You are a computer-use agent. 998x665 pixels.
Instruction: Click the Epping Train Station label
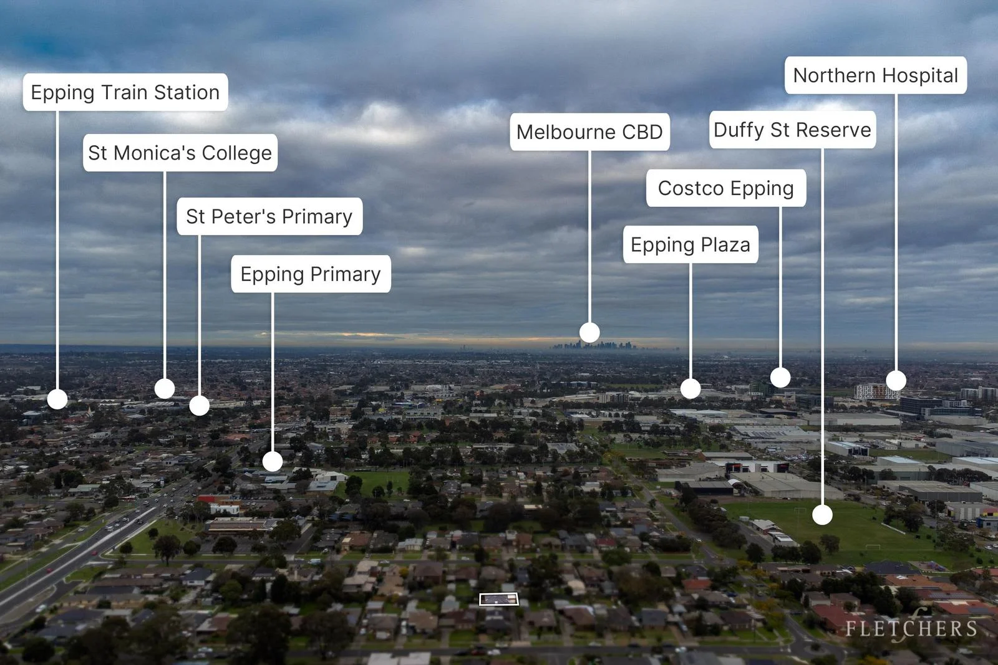125,92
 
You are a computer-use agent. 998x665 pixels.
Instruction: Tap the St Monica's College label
180,153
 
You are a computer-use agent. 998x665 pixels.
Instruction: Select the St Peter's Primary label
269,216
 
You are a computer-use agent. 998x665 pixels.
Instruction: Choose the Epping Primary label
311,274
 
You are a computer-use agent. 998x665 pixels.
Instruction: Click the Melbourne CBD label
590,132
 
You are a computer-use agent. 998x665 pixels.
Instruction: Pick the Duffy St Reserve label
793,130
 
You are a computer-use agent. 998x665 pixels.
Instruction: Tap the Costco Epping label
726,188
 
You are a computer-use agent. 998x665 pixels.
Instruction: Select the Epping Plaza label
690,244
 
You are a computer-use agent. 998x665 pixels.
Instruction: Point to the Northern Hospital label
876,75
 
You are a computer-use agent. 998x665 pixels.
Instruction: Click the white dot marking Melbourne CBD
589,333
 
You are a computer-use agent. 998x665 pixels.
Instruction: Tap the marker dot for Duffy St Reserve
823,515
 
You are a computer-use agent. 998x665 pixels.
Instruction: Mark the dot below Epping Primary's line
273,462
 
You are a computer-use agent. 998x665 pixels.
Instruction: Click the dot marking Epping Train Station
57,399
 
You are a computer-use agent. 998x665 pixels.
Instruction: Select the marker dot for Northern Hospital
896,381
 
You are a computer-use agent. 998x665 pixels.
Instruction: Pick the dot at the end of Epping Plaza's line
690,388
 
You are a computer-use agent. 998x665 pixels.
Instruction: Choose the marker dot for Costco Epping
780,378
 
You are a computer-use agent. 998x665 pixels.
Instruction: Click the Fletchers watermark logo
911,628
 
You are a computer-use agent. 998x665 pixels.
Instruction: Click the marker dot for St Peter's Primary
199,406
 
